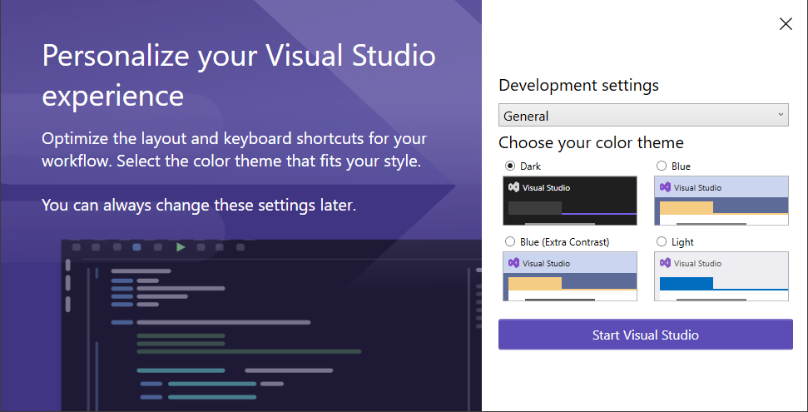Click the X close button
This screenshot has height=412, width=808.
point(786,24)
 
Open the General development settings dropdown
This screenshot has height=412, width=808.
point(642,116)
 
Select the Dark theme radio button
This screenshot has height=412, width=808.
point(510,166)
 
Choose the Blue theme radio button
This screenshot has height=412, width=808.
point(662,166)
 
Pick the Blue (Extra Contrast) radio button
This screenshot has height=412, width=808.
point(510,241)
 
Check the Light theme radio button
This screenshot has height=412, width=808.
point(662,241)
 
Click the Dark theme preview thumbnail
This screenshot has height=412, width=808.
point(570,200)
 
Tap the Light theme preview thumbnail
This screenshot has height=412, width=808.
point(721,275)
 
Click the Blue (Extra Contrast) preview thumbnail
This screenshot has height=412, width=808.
point(570,275)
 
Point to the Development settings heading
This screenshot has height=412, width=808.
point(578,85)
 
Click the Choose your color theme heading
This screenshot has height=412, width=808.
point(591,142)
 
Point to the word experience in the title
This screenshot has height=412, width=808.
point(112,96)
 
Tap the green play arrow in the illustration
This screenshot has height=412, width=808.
point(181,247)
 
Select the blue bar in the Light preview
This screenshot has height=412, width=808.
point(686,283)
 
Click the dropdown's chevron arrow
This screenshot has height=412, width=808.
point(781,114)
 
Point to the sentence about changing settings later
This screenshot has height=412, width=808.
point(199,204)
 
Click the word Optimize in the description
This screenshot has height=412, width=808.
point(77,138)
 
